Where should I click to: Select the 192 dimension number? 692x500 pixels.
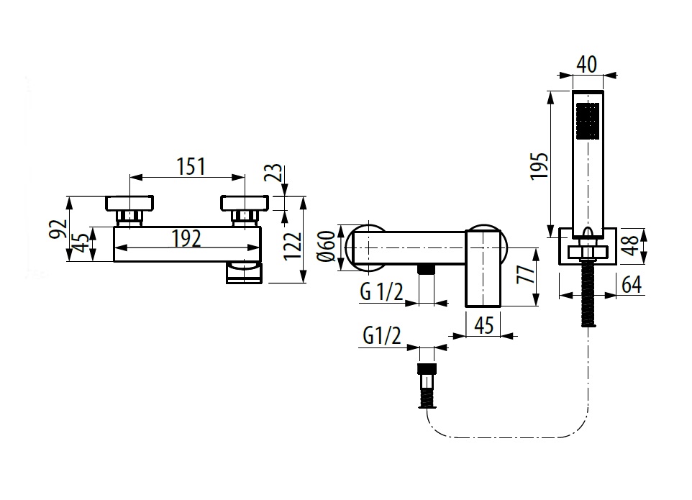click(186, 238)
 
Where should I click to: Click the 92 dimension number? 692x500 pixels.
click(59, 229)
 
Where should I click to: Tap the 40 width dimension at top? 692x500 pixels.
click(587, 64)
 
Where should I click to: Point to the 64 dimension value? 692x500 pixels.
click(631, 284)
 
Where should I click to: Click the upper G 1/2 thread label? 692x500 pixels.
click(381, 291)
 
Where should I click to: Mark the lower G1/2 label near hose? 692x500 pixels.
click(382, 336)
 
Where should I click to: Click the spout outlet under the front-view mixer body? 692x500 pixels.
click(245, 273)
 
